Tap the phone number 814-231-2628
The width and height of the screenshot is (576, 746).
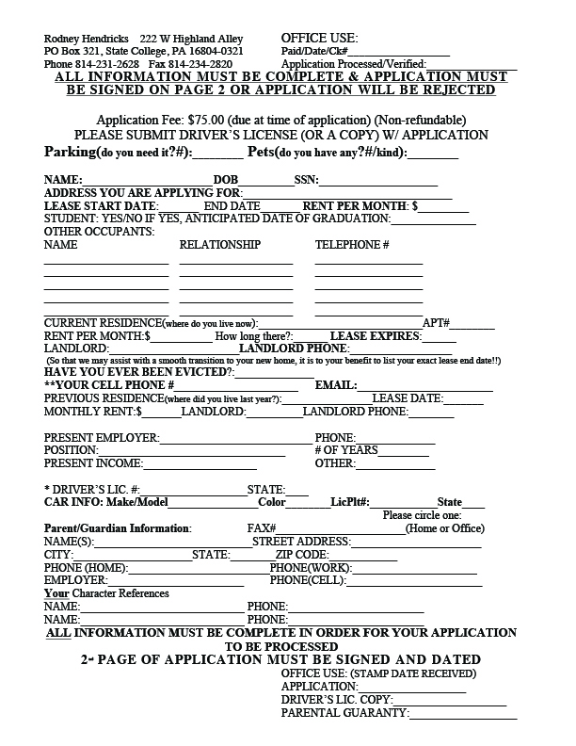[106, 64]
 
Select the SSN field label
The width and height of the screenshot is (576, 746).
[306, 179]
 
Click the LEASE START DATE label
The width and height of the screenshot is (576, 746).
[101, 205]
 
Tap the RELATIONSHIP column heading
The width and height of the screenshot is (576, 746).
[219, 245]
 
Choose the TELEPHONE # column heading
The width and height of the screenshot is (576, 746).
[352, 245]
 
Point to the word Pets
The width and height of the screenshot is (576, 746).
[262, 152]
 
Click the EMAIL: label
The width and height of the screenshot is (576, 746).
[335, 385]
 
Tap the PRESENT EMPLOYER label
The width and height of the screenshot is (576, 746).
[102, 438]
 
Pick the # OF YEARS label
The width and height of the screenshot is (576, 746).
[345, 450]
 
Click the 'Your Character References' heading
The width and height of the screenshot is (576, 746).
[106, 593]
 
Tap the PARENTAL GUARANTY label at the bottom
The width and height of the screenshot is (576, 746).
[344, 713]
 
